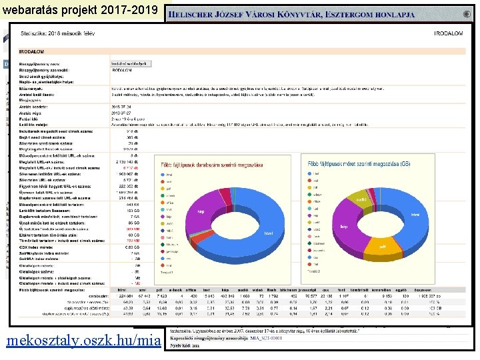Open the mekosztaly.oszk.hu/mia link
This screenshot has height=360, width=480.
pyautogui.click(x=83, y=341)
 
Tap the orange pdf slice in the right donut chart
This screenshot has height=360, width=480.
pyautogui.click(x=383, y=246)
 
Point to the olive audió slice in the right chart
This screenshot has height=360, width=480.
pyautogui.click(x=361, y=199)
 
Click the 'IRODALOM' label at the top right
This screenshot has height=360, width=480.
pyautogui.click(x=448, y=33)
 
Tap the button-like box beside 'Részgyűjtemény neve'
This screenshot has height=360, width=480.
pyautogui.click(x=131, y=63)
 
